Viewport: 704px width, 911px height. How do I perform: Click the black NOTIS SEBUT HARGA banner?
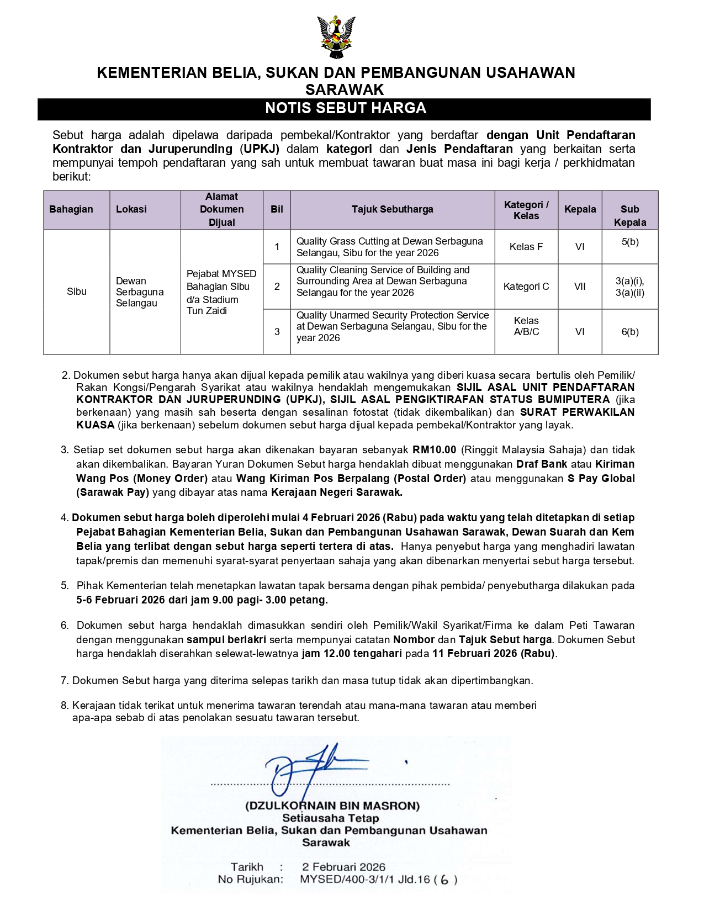(345, 108)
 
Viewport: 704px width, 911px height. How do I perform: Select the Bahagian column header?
(71, 209)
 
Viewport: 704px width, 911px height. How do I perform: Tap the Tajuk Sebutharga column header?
(392, 209)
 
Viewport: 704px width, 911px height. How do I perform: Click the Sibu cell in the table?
(76, 292)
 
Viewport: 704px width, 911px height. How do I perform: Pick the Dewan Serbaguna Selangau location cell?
(140, 292)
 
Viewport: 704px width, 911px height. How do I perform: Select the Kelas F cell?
(526, 247)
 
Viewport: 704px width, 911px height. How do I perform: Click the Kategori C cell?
(526, 287)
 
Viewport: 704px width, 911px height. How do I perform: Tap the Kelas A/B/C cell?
(526, 326)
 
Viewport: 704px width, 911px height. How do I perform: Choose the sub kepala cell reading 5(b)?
(629, 242)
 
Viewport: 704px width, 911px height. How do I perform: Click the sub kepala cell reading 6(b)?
(629, 332)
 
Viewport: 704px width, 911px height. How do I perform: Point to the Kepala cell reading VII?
(580, 287)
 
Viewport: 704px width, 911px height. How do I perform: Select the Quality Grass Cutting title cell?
(389, 247)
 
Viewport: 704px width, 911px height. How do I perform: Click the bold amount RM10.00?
(434, 450)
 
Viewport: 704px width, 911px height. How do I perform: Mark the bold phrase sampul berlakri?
(226, 640)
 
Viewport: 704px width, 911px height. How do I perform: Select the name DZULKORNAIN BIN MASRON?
(332, 806)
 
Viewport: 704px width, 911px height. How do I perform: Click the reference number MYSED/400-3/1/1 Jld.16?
(365, 880)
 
